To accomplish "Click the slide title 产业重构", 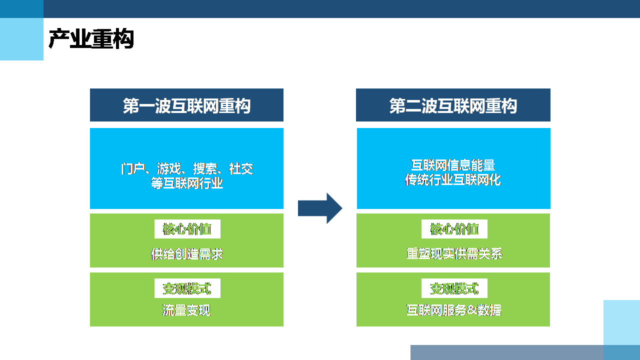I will [x=91, y=39].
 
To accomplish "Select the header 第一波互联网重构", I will [x=186, y=106].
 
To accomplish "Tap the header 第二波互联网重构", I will [x=453, y=106].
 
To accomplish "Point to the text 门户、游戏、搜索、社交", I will [x=186, y=168].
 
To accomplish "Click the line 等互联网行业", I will [x=186, y=183].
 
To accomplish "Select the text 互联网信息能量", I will [x=453, y=165].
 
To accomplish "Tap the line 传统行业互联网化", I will [x=453, y=180].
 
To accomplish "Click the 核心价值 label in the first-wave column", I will [x=187, y=229].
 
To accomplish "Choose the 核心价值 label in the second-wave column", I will [x=454, y=229].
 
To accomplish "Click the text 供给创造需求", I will [x=186, y=254].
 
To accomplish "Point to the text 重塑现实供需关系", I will [x=454, y=254].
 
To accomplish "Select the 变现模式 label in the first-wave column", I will [x=187, y=288].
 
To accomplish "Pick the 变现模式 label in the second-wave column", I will [x=454, y=288].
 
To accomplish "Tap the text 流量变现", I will [x=186, y=310].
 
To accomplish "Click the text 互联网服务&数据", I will [x=454, y=310].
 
